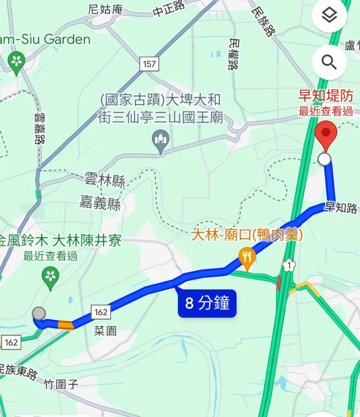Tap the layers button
(x=329, y=16)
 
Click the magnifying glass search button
(x=329, y=62)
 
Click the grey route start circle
(x=39, y=313)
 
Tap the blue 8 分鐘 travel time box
(x=207, y=303)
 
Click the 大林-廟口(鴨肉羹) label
(x=247, y=236)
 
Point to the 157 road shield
(x=150, y=64)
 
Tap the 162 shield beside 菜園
(x=100, y=312)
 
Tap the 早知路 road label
(x=341, y=208)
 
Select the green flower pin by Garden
(x=17, y=62)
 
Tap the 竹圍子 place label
(x=61, y=385)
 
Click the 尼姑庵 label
(x=106, y=9)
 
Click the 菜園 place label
(x=105, y=331)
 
